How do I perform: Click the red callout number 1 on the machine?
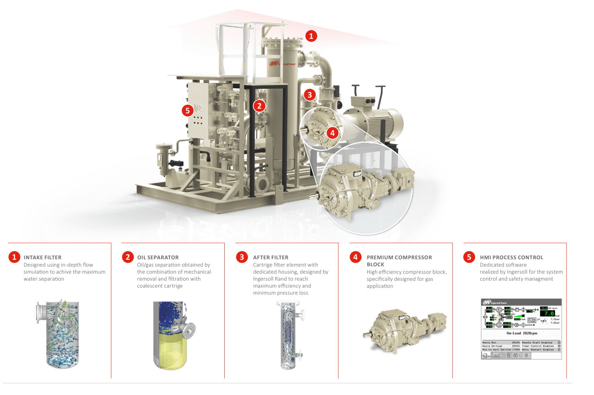point(311,36)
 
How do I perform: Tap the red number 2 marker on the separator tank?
point(259,106)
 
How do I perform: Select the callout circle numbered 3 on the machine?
point(309,95)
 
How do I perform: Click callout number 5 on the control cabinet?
point(188,111)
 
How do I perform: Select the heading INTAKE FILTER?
point(42,257)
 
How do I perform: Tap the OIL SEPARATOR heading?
point(158,257)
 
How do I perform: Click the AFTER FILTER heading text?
point(271,257)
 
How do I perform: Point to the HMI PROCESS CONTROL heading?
point(511,257)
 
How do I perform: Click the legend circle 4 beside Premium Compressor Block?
point(355,257)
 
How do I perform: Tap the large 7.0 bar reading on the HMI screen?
point(549,313)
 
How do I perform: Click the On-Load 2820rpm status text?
point(522,333)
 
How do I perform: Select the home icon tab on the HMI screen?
point(486,356)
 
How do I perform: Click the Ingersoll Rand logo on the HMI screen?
point(494,303)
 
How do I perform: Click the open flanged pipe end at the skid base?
point(262,184)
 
